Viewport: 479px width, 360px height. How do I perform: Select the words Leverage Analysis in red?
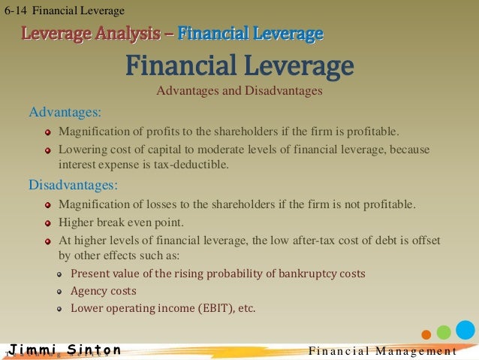91,34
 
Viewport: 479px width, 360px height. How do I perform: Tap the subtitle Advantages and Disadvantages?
239,92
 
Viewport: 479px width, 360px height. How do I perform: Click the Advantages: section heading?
65,113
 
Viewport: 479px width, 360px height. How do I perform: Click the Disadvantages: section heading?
74,184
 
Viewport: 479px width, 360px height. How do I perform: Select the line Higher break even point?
120,222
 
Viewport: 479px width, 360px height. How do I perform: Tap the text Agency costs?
104,290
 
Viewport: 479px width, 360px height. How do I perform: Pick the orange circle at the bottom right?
426,334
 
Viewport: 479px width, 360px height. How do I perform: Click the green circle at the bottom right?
444,331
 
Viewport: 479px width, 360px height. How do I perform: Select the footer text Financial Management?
383,351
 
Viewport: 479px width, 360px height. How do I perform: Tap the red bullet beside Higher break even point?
48,223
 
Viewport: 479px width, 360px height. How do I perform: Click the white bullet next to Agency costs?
60,291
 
